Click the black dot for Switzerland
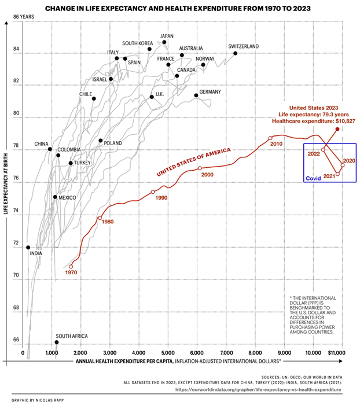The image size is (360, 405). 236,53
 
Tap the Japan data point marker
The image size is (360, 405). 164,42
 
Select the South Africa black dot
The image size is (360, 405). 56,343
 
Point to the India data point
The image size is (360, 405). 28,248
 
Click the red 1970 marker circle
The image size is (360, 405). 71,267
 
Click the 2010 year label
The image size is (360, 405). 275,143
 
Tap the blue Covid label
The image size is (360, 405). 313,179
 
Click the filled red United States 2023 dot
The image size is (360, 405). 337,129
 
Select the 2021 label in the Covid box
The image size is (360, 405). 329,176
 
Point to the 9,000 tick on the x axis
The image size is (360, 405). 284,352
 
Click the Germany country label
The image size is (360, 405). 210,92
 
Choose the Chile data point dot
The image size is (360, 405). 94,99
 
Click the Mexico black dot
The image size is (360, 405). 55,197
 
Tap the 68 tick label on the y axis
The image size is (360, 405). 16,307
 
